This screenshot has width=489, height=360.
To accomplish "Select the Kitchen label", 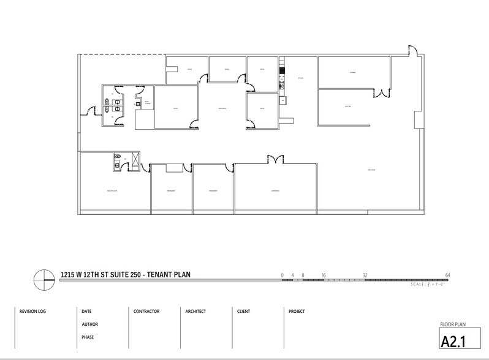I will point(301,78).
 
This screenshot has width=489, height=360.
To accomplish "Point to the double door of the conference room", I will point(276,159).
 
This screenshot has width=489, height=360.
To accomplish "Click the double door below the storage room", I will point(382,93).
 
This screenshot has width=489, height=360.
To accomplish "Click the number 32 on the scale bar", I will point(365,275).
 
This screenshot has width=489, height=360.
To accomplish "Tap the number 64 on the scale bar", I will point(448,275).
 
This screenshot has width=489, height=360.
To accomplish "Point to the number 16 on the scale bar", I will point(323,275).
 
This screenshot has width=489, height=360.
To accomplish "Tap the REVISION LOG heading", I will point(33,311).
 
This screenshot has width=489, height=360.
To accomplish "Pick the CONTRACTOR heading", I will point(146,311).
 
